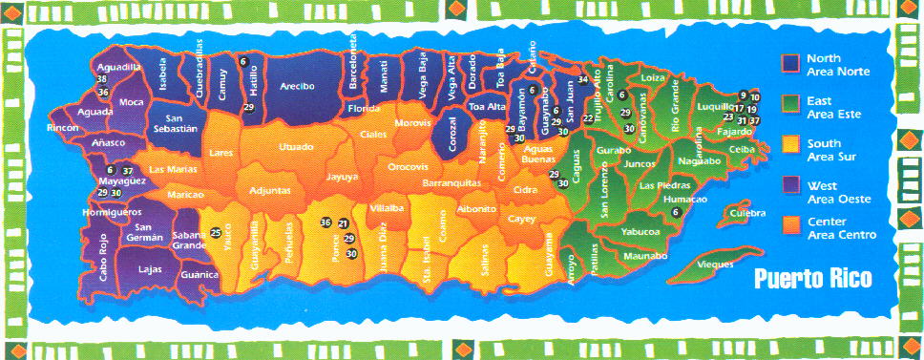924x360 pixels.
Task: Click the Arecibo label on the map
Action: (297, 86)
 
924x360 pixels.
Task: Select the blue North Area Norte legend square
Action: (789, 63)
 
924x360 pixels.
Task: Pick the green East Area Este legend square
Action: (789, 102)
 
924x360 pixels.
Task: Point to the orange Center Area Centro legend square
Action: (789, 222)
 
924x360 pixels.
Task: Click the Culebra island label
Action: (747, 214)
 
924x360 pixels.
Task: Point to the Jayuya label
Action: (342, 177)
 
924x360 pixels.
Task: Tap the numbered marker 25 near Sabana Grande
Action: (216, 233)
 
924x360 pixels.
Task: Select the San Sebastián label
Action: (175, 121)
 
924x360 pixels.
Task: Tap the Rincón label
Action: (63, 127)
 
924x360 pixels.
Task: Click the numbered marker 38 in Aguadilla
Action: (102, 79)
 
